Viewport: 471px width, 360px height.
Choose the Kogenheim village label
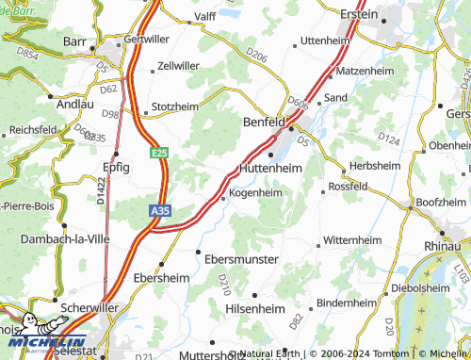pos(255,193)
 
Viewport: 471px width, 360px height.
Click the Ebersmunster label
pos(241,258)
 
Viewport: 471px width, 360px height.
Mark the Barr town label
pos(75,41)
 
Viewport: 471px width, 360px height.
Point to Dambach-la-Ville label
pos(61,239)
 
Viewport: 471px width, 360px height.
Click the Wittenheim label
pos(357,241)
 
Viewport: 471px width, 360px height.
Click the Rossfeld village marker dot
pos(323,192)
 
